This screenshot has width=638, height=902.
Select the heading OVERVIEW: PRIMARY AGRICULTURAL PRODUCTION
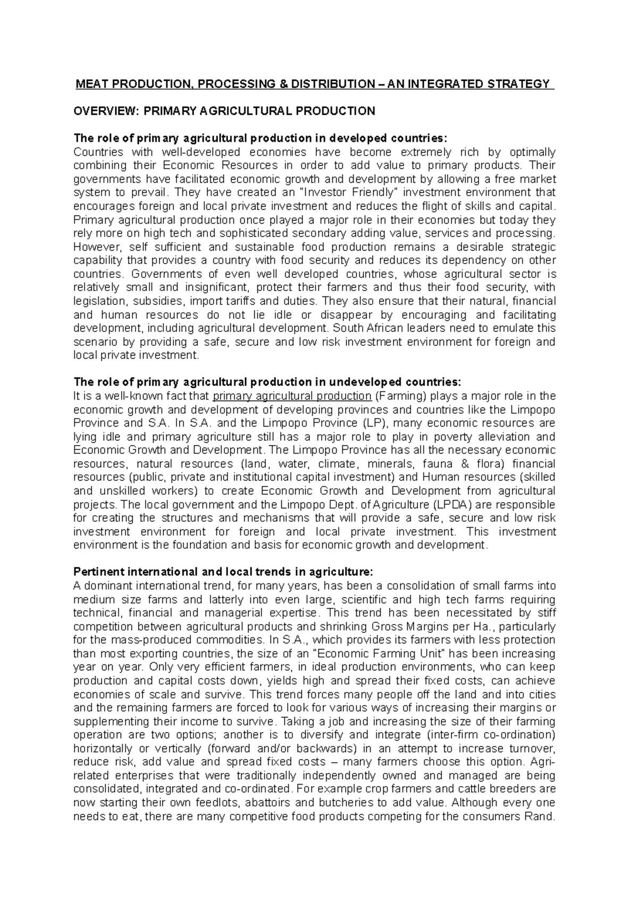pos(224,111)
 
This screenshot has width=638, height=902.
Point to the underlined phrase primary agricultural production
pos(291,396)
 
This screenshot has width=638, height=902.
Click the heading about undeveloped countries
pos(268,382)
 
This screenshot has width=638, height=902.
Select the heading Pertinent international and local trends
pos(223,572)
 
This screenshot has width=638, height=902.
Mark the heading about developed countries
pos(257,138)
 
